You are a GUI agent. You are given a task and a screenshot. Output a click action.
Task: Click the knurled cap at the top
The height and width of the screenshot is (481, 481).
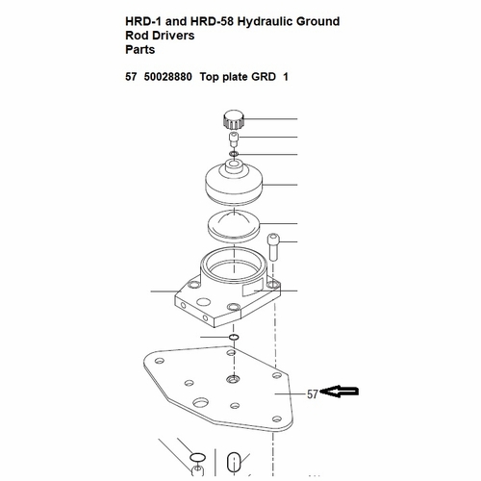pyautogui.click(x=235, y=121)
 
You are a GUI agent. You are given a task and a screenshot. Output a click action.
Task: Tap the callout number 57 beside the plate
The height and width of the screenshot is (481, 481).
pyautogui.click(x=312, y=393)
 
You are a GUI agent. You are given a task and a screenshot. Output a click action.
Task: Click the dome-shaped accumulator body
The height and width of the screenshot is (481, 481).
pyautogui.click(x=234, y=185)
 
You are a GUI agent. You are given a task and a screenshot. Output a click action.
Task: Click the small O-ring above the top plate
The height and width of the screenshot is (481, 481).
pyautogui.click(x=235, y=338)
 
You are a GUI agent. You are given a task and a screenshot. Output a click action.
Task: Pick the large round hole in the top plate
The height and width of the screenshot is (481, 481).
pyautogui.click(x=201, y=401)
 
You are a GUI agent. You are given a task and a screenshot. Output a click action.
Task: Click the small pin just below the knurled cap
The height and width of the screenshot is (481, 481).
pyautogui.click(x=234, y=139)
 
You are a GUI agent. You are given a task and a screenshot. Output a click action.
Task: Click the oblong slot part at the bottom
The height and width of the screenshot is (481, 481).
pyautogui.click(x=233, y=459)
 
